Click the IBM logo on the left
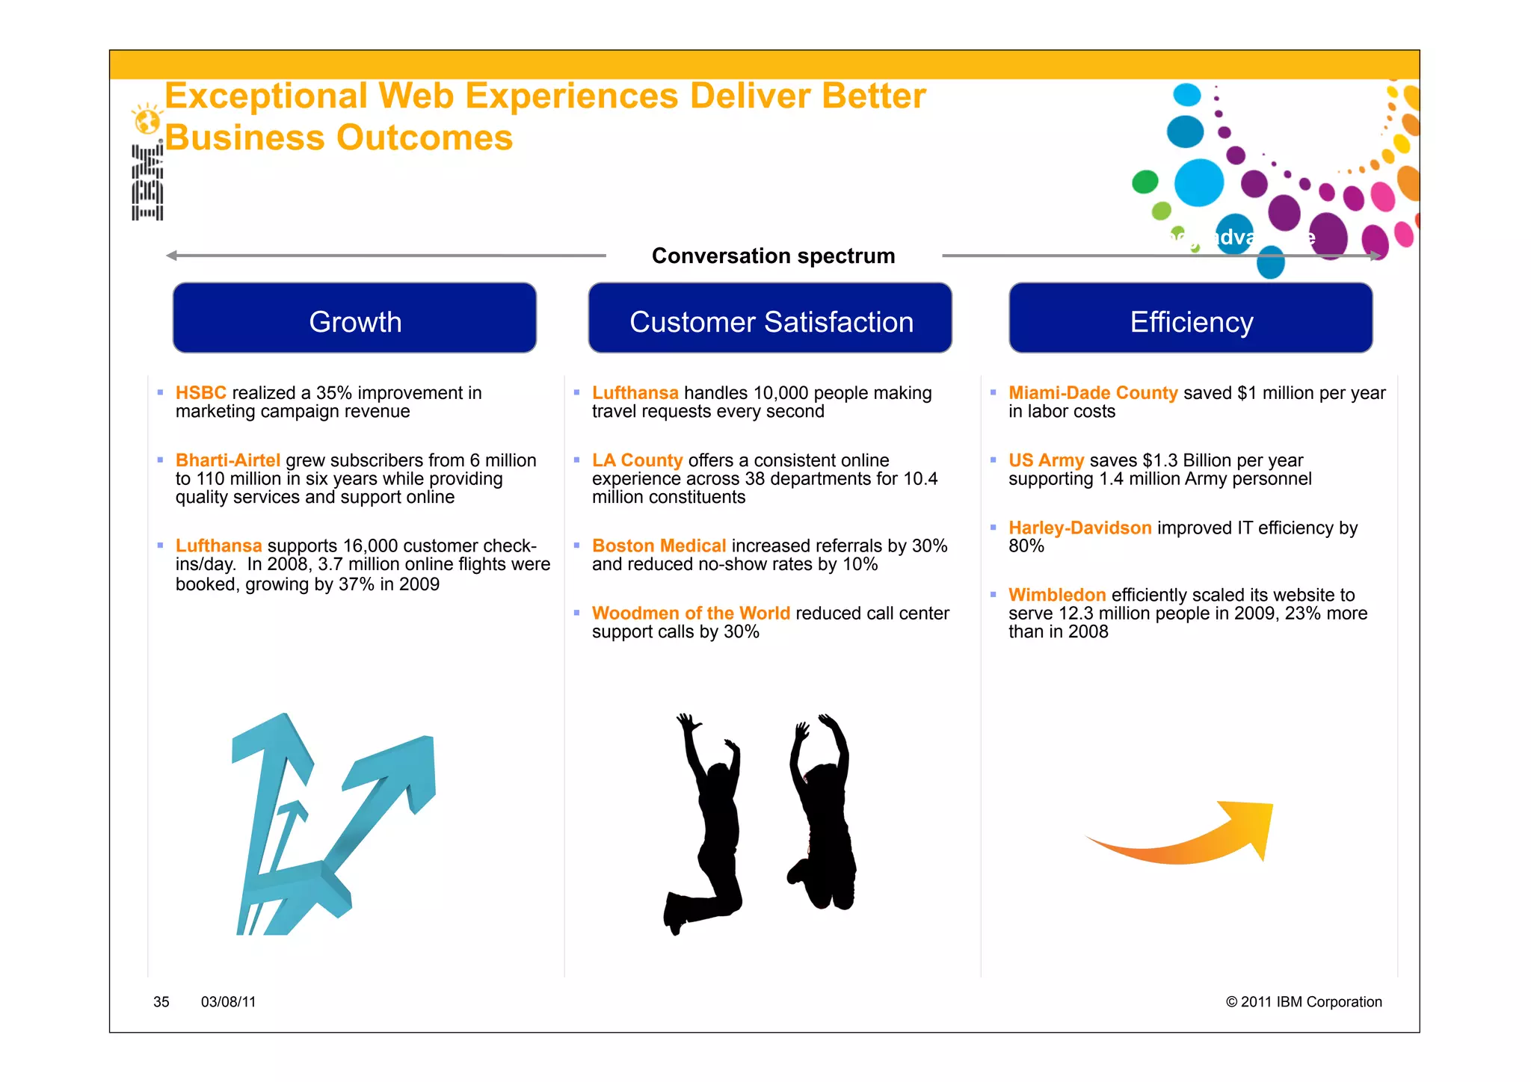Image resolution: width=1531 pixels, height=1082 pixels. pos(147,182)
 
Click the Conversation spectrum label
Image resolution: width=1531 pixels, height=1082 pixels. pos(773,256)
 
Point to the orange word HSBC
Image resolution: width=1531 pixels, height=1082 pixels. pos(200,393)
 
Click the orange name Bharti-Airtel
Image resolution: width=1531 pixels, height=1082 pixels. pos(227,460)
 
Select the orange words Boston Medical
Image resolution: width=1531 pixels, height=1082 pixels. pos(659,546)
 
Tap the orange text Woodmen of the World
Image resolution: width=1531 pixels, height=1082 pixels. pos(690,613)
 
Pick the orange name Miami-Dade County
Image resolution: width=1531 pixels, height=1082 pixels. pos(1092,393)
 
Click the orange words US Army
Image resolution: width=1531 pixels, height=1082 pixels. pos(1046,460)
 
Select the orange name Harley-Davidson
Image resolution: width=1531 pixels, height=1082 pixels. pos(1079,528)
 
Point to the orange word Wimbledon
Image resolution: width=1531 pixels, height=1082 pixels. pos(1056,596)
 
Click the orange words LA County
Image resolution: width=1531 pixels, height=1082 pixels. pos(637,460)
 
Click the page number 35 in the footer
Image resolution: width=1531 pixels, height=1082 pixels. pos(161,1002)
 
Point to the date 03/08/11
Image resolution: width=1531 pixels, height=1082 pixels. pos(228,1002)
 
